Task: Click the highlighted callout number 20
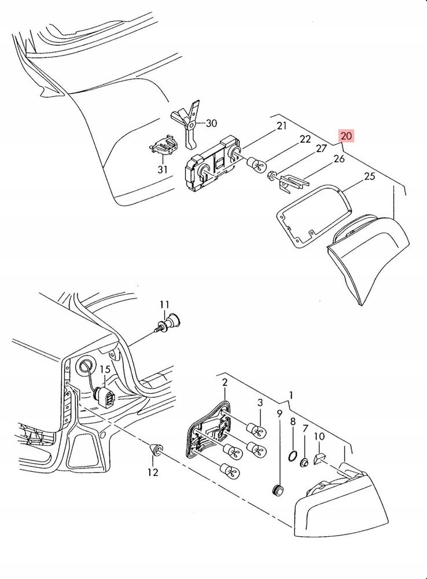[x=346, y=136]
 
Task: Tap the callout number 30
[x=211, y=123]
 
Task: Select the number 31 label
[x=163, y=170]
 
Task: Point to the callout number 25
[x=369, y=176]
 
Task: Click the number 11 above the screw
[x=164, y=305]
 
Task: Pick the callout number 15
[x=105, y=369]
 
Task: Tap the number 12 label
[x=153, y=472]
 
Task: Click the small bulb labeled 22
[x=256, y=164]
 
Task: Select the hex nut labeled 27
[x=271, y=174]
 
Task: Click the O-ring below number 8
[x=292, y=456]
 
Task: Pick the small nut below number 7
[x=304, y=462]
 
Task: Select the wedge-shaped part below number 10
[x=318, y=459]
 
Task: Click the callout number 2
[x=224, y=382]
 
